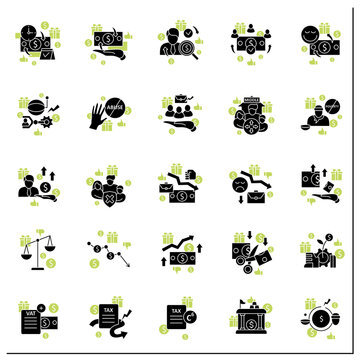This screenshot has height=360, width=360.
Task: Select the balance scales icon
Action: point(39,250)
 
